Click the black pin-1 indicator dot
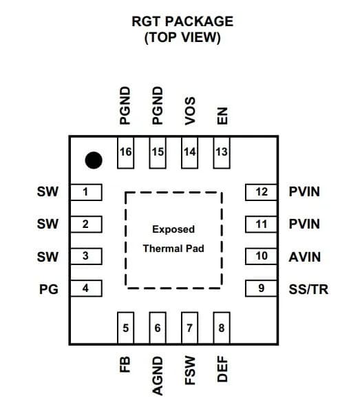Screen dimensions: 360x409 (94, 160)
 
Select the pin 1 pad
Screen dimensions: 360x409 (86, 192)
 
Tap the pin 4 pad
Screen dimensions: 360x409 (86, 289)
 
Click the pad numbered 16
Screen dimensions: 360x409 (126, 153)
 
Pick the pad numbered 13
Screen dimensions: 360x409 (222, 153)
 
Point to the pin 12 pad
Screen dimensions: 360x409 (261, 192)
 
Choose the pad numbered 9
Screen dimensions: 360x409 (261, 289)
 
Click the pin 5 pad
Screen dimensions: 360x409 (126, 328)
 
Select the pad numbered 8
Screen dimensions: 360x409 (222, 328)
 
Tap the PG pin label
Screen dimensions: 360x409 (49, 289)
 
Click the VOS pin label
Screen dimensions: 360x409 (190, 111)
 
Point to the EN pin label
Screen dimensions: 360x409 (222, 116)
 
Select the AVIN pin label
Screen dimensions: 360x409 (305, 258)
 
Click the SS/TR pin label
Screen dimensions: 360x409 (308, 289)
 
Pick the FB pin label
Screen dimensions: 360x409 (125, 364)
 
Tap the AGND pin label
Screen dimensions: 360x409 (158, 376)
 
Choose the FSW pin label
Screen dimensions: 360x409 (190, 370)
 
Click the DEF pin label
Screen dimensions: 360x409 (222, 369)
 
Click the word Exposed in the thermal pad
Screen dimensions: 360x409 (173, 229)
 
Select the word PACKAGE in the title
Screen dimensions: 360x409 (199, 21)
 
